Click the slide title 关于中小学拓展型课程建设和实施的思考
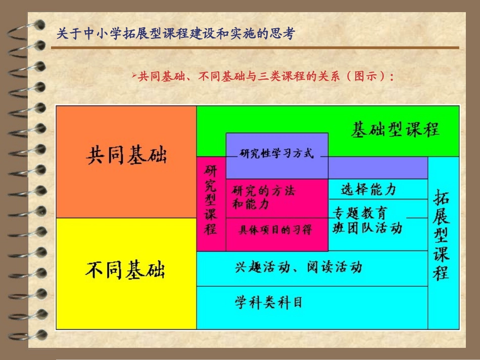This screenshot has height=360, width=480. click(x=175, y=34)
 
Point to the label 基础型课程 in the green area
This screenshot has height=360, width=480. click(x=395, y=130)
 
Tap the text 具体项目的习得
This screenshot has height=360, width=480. click(x=275, y=230)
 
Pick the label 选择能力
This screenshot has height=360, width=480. click(x=368, y=190)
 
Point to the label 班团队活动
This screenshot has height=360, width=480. click(x=367, y=228)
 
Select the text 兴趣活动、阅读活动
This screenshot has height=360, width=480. click(x=299, y=267)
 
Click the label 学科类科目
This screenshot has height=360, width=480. click(x=268, y=302)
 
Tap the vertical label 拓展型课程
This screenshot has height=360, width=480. click(x=441, y=235)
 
